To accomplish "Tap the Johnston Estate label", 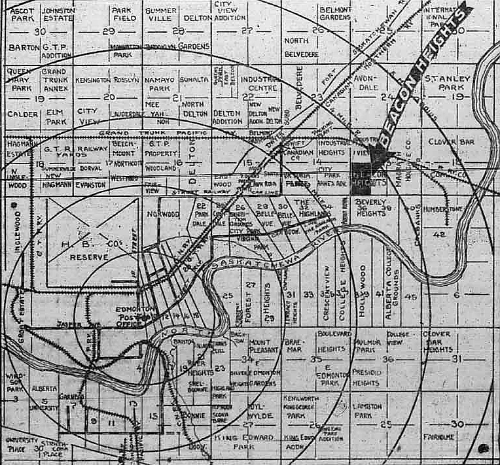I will coord(58,14).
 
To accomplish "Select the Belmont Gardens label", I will coord(335,14).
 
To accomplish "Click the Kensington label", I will coord(92,80).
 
